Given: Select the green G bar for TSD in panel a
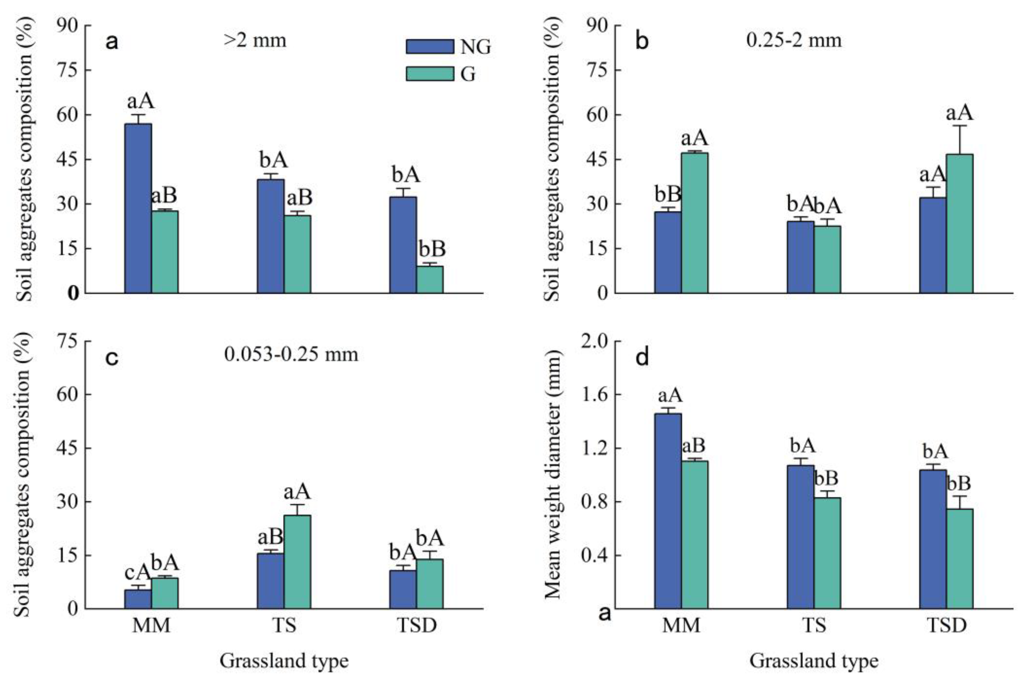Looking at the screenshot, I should click(430, 280).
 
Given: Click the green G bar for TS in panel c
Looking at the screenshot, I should click(297, 562).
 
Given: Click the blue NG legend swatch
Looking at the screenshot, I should click(430, 47).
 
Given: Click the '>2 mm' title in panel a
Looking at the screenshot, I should click(255, 41).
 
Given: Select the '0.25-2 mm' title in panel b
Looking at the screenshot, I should click(794, 41).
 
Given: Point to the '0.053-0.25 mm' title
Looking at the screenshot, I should click(291, 354).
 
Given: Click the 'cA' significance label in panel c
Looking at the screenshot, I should click(138, 573).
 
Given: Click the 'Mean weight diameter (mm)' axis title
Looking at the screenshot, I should click(553, 475).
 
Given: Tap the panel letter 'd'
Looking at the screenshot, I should click(642, 357).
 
